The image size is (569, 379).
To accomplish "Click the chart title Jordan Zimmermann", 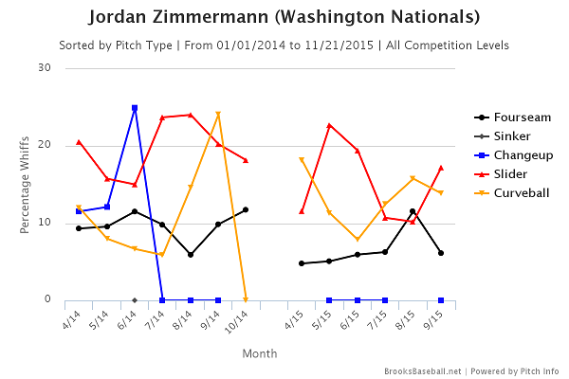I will pos(284,18).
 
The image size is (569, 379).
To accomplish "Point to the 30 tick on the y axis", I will pos(45,67).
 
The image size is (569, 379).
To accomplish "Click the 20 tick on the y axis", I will pos(45,145).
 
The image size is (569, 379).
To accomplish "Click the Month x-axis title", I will pos(259,353).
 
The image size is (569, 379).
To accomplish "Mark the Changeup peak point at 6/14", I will pos(135,108).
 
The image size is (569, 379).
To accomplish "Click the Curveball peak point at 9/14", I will pos(218,115).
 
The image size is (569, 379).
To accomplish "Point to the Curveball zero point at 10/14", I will pos(246,299).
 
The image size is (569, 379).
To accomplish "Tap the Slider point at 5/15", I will pos(329,125).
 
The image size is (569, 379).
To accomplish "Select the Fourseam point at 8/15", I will pos(413,211).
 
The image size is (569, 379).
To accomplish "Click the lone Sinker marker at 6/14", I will pos(135,299).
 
